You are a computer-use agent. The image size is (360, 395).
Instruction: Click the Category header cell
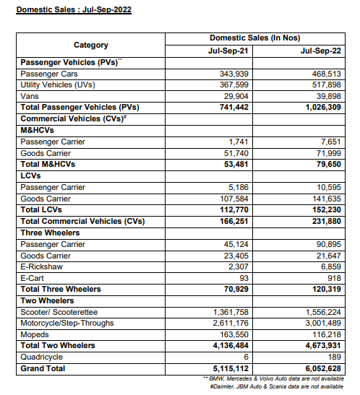(91, 45)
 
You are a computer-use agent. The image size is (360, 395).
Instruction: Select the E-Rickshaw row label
(43, 266)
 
